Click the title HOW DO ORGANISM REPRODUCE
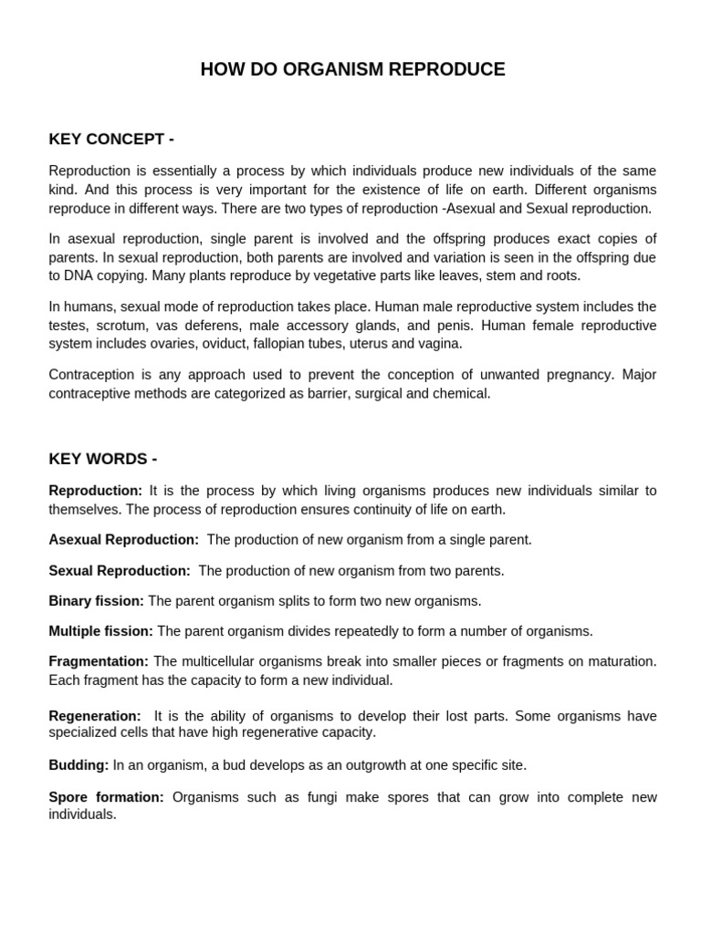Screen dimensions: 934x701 352,70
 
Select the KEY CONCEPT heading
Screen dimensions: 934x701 111,140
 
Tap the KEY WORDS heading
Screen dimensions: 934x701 103,459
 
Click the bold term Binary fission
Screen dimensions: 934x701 96,601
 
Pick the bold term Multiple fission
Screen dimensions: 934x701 101,631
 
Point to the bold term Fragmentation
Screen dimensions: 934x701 99,661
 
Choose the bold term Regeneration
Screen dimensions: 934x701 95,717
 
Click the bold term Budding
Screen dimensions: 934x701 78,765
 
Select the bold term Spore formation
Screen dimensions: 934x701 106,798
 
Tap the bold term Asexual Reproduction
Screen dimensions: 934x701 123,540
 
